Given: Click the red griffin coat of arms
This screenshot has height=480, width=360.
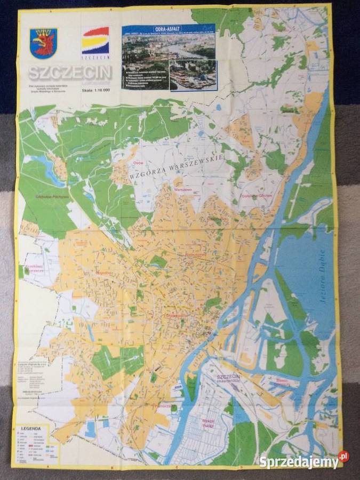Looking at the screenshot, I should [x=43, y=43].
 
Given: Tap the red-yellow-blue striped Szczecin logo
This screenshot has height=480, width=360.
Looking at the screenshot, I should [x=95, y=42].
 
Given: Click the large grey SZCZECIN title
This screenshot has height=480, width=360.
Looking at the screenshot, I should [x=70, y=73].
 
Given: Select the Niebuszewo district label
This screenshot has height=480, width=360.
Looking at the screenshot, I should [x=196, y=254].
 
